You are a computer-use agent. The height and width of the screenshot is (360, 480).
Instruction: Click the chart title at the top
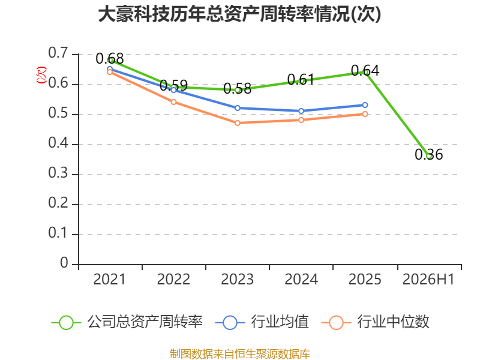point(239,14)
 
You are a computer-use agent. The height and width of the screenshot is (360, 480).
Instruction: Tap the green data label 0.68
point(110,58)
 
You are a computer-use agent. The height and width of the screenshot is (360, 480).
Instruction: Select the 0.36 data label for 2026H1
point(428,154)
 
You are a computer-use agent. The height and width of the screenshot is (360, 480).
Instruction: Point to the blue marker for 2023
point(237,108)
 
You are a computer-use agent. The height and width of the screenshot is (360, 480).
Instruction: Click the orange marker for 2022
point(173,102)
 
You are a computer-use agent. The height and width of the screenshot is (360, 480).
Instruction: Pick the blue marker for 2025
point(365,105)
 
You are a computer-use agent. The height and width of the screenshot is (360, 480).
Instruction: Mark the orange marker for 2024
point(301,120)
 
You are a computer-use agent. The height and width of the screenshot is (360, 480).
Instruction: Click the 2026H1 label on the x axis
point(428,280)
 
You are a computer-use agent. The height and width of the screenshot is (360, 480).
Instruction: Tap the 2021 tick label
point(109,280)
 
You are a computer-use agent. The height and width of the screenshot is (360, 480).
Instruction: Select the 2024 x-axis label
point(301,280)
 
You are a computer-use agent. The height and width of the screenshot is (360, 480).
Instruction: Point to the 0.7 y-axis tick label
point(58,53)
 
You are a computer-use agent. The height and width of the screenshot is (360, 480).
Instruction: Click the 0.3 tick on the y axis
point(58,173)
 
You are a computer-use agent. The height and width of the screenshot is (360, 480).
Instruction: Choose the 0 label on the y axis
point(64,263)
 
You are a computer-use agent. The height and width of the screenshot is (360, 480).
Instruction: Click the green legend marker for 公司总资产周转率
point(66,323)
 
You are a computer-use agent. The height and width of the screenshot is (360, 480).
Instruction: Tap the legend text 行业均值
point(280,322)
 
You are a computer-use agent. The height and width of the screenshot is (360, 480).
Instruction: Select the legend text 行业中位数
point(393,322)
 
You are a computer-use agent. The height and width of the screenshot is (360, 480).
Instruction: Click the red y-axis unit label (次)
point(41,75)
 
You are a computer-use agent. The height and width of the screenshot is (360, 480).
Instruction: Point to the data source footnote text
point(240,354)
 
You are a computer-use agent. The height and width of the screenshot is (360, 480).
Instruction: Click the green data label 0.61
point(301,80)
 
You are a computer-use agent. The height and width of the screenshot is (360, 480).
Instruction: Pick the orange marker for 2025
point(365,114)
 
